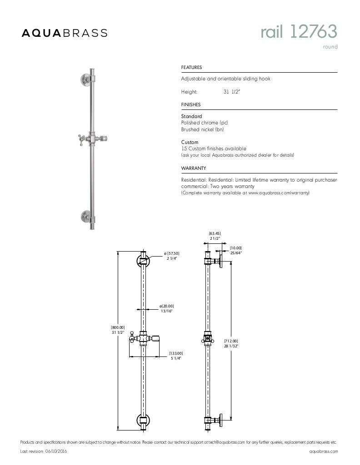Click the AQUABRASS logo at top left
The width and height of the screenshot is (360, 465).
[65, 33]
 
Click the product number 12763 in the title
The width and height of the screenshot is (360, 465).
[314, 32]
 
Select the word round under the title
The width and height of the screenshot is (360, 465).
[330, 47]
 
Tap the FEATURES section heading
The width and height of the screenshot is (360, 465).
[191, 68]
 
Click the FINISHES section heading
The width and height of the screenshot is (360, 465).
[191, 104]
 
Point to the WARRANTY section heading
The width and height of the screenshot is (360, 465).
[194, 168]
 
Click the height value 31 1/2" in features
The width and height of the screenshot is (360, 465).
[231, 92]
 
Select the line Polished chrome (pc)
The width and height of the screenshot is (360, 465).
[204, 123]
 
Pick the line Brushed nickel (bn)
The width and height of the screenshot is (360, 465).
[202, 129]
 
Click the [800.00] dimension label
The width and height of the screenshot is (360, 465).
[118, 327]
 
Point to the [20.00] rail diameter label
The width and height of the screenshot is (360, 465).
[166, 306]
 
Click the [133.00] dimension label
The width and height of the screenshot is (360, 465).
[176, 353]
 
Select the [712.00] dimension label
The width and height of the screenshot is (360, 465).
[231, 341]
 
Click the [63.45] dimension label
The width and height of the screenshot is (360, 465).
[215, 233]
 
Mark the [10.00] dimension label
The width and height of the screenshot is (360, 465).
[235, 247]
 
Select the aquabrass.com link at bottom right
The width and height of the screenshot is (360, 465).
[323, 451]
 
